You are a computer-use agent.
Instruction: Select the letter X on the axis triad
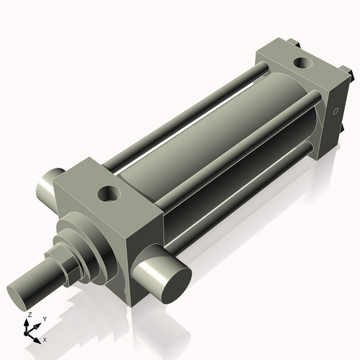pyautogui.click(x=45, y=338)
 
